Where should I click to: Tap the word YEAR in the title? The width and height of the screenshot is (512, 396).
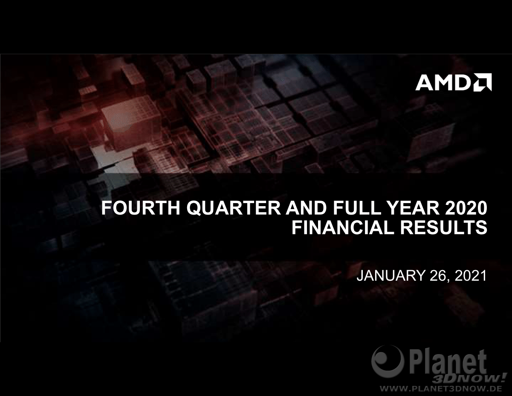(406, 208)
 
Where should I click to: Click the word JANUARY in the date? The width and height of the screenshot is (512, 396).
(390, 276)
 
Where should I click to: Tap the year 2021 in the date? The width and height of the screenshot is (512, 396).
(471, 276)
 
